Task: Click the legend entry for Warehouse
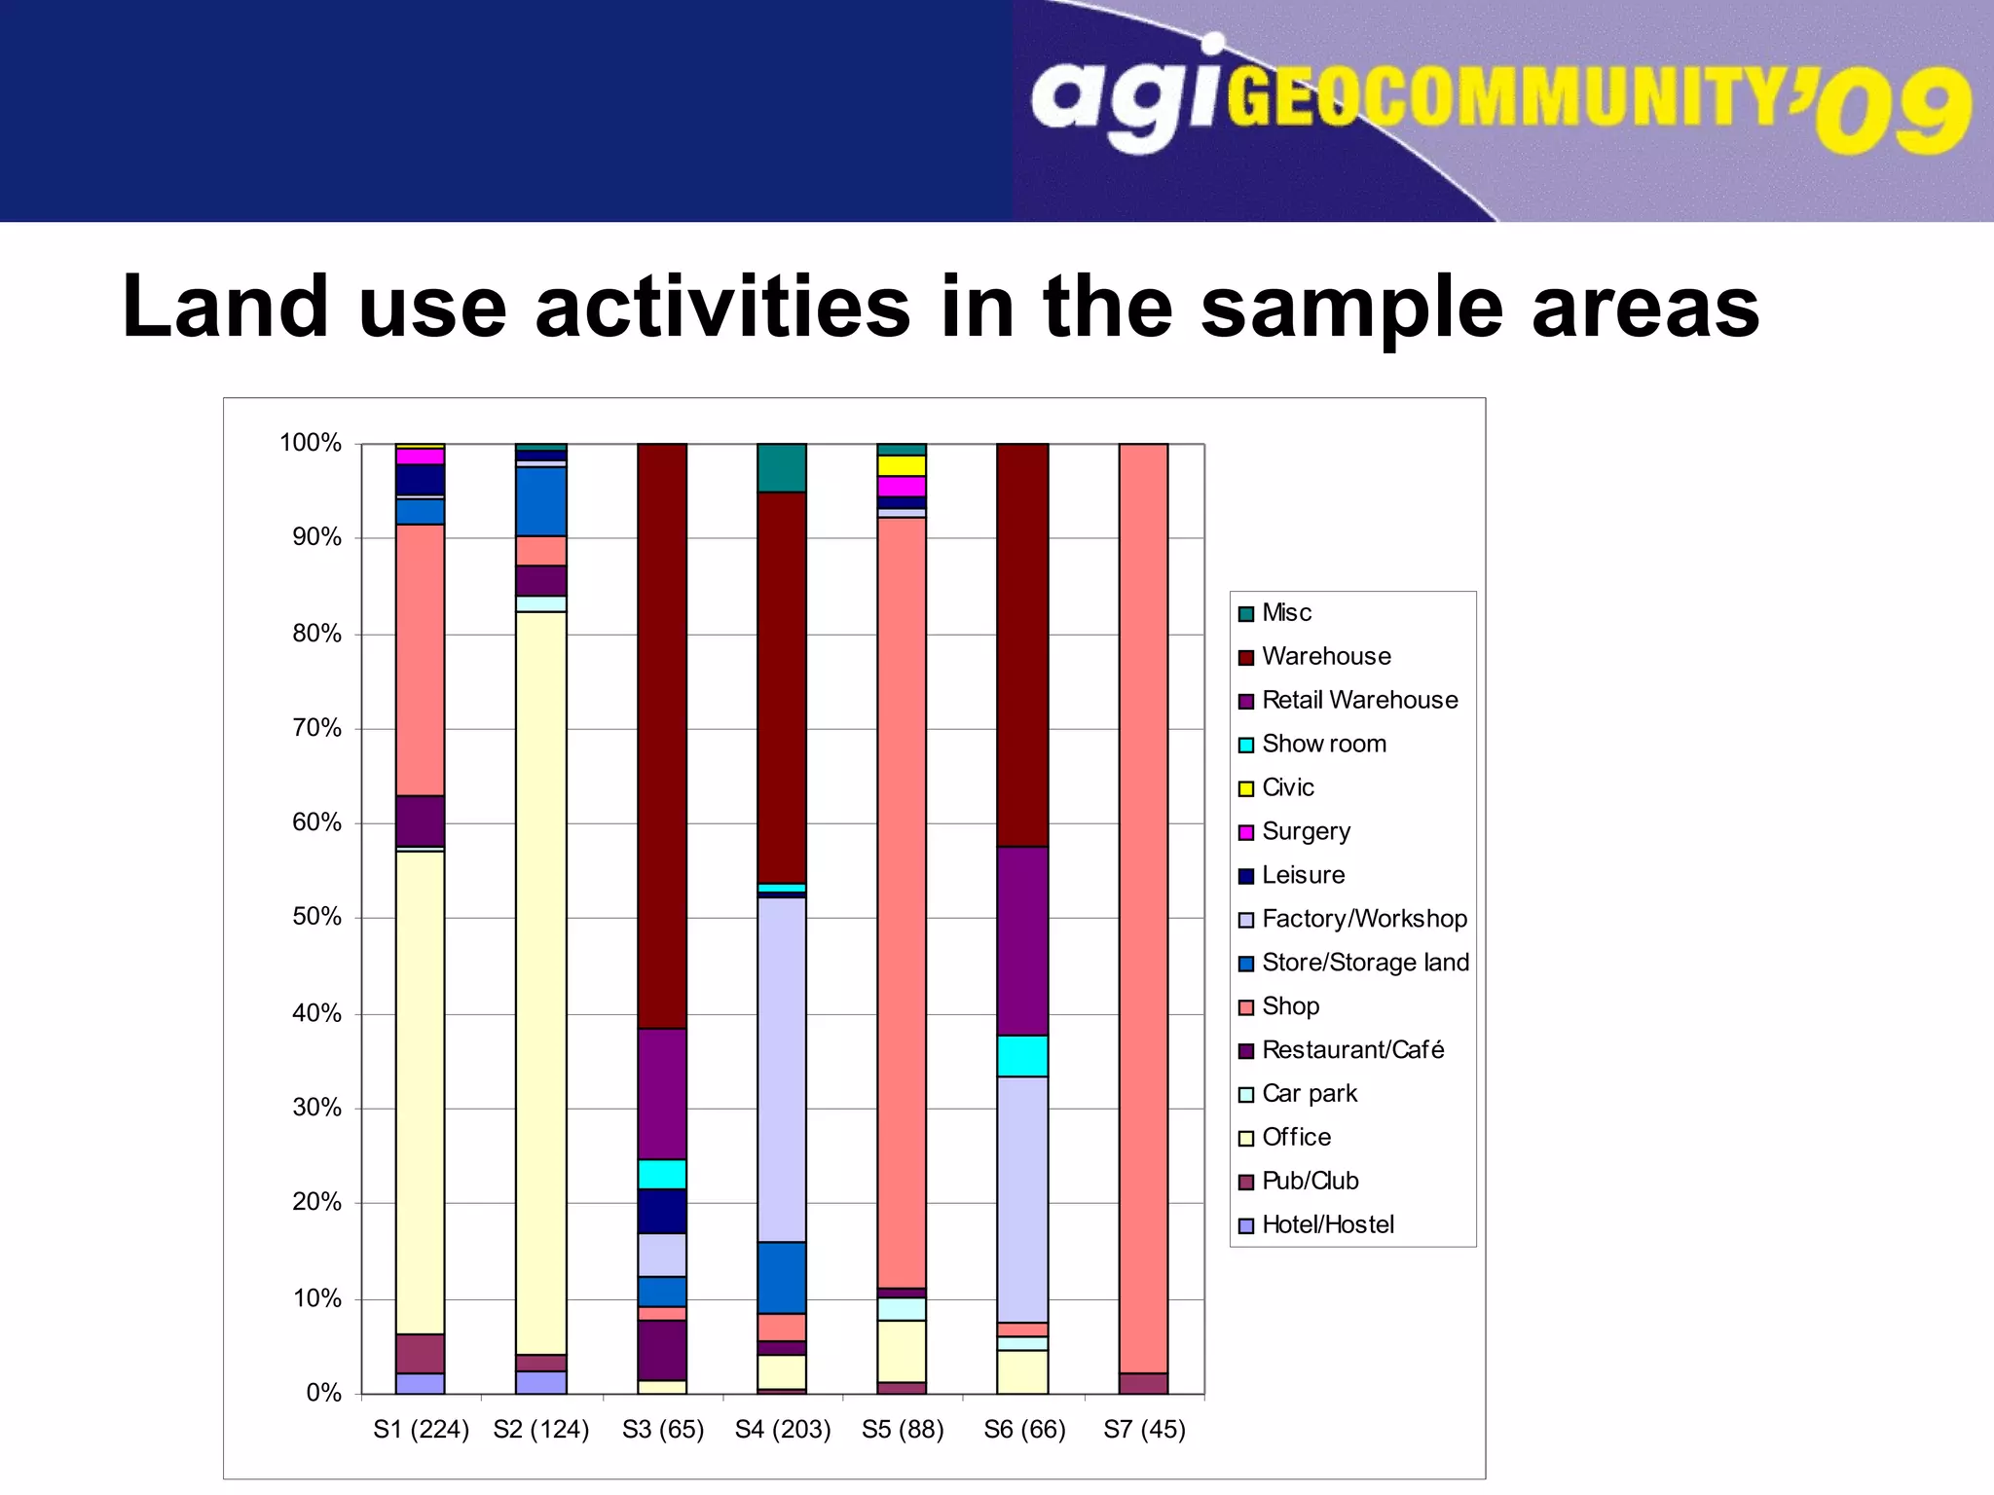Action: [1325, 657]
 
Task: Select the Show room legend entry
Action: [1323, 745]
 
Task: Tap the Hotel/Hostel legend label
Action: [1327, 1225]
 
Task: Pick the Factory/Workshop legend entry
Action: [1363, 919]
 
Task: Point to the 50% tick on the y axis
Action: [316, 917]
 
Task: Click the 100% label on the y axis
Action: [310, 443]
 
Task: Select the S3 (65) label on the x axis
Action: [662, 1430]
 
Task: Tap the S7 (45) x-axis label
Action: [1144, 1430]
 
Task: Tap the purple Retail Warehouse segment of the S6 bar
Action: [1022, 940]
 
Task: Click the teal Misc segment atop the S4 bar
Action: [782, 468]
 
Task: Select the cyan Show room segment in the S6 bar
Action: [1022, 1055]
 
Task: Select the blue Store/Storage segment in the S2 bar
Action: [540, 501]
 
